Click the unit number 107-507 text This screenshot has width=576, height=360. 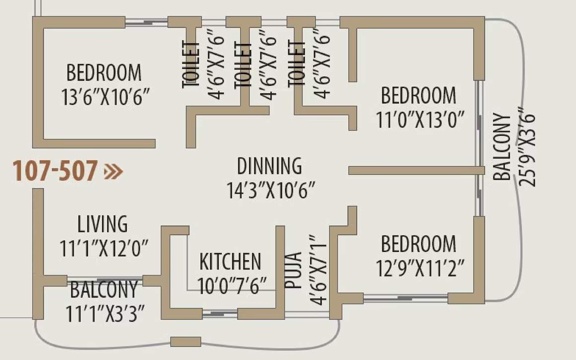[54, 171]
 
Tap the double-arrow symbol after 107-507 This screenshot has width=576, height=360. [113, 172]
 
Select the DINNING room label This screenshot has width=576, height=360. [269, 166]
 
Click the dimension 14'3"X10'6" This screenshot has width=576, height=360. [271, 191]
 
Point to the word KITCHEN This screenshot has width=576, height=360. [230, 262]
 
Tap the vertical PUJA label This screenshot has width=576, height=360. [293, 271]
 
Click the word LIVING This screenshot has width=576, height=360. [102, 224]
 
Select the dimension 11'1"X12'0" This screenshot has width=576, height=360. [104, 248]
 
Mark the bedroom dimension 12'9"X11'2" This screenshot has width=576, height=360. [423, 269]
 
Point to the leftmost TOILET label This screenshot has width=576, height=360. [191, 65]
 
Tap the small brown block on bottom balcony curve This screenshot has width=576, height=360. [186, 342]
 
